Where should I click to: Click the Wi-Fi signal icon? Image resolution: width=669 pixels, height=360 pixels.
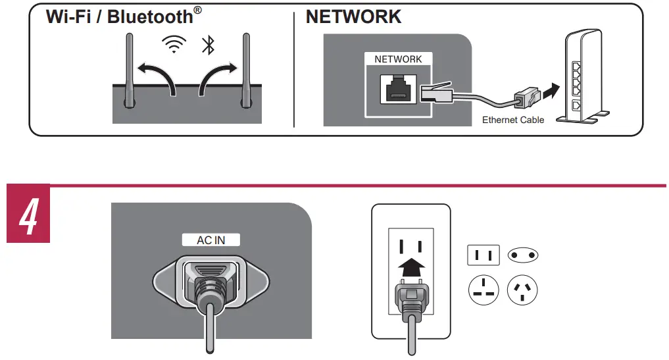point(174,45)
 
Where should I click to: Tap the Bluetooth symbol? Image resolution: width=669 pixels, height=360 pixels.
point(208,45)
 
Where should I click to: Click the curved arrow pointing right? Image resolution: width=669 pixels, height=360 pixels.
point(218,76)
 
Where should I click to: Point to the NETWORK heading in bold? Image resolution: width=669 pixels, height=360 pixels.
point(353,17)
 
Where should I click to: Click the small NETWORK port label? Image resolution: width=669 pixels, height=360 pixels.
point(398,59)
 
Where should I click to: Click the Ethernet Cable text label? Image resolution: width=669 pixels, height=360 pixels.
point(513,120)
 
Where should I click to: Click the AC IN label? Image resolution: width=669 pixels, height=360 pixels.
point(211,240)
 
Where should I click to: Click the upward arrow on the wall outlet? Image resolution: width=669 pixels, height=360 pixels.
point(411,267)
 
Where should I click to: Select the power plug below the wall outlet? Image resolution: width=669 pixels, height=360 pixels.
point(411,300)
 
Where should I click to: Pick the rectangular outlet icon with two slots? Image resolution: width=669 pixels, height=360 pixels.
point(483,255)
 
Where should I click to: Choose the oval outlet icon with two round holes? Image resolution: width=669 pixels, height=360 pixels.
point(524,255)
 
